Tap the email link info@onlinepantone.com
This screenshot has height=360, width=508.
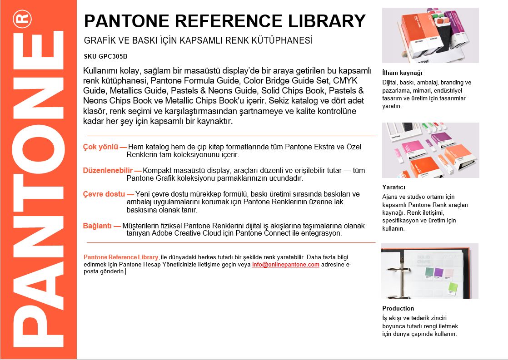pos(286,264)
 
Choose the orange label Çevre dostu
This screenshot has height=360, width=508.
pos(105,194)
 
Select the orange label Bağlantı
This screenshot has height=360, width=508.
pos(98,226)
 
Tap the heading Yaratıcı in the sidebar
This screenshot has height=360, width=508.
pos(394,187)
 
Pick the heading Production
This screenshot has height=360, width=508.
pos(398,308)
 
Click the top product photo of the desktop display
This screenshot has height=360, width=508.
pos(430,35)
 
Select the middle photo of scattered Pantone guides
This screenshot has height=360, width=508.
pos(430,150)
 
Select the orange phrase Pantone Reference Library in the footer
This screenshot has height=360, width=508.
pos(121,257)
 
